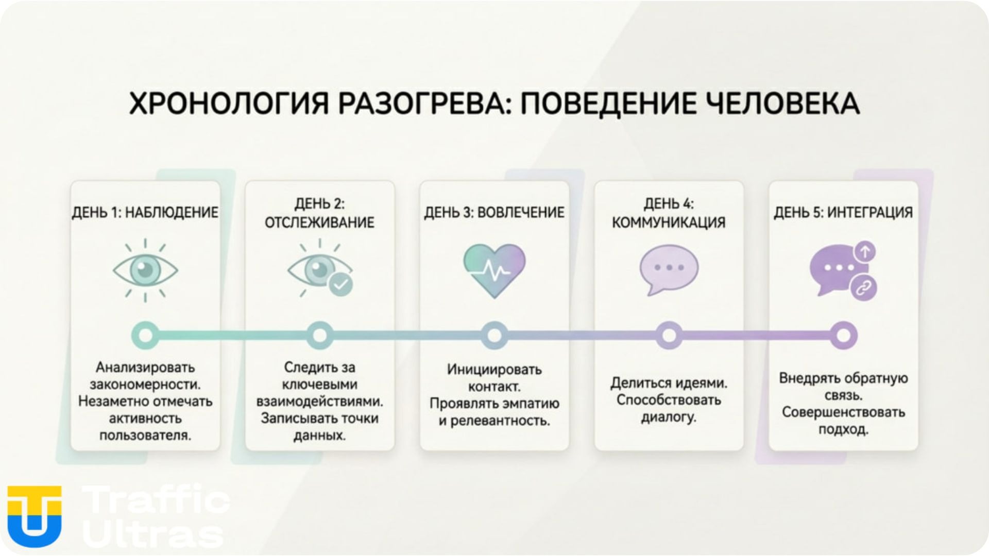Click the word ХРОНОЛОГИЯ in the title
click(228, 103)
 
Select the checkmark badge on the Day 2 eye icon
click(340, 284)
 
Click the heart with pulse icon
click(494, 270)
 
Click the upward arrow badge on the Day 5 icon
click(865, 252)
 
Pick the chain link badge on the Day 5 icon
click(863, 288)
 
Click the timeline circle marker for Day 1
click(145, 335)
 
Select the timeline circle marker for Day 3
click(494, 335)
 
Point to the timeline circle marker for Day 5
click(843, 335)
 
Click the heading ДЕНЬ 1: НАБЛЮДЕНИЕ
click(145, 213)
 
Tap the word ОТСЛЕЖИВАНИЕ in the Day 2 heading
click(319, 222)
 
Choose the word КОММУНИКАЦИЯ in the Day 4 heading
click(669, 222)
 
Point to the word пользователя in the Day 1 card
click(145, 436)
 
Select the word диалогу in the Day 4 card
click(669, 417)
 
